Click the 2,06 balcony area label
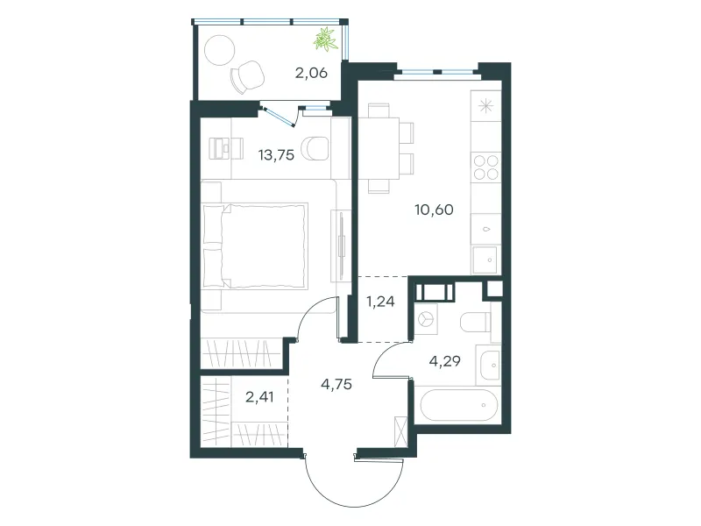pos(311,73)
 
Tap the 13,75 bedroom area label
pos(276,155)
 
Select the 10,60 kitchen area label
pos(434,210)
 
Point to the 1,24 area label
pos(380,302)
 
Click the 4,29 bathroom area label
pos(445,361)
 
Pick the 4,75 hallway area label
pos(336,384)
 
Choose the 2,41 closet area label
pos(259,397)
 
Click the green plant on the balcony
pos(325,39)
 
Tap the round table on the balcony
pos(220,50)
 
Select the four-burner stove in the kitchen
pos(486,167)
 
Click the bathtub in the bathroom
pos(458,405)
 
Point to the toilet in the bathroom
pos(476,322)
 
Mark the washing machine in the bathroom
pos(425,319)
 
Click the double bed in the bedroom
pos(255,246)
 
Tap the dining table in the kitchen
pos(379,148)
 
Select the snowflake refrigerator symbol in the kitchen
pos(485,106)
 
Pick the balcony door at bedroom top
pos(279,116)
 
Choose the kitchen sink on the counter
pos(485,259)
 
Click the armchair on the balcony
pos(247,77)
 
